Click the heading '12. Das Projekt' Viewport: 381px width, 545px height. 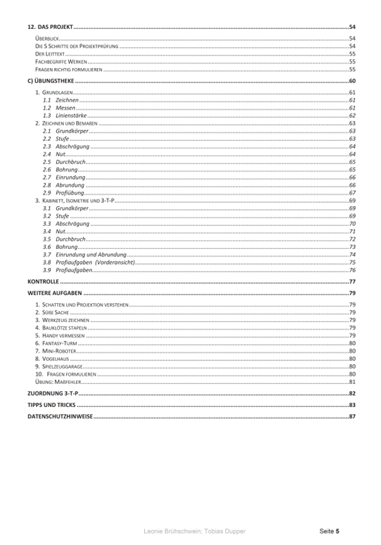point(51,28)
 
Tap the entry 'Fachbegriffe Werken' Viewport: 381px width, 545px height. point(60,62)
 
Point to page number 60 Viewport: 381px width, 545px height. point(353,81)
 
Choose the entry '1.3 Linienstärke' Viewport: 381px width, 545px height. point(64,115)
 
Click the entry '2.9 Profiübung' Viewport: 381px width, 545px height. point(62,192)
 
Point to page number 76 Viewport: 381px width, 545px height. point(353,270)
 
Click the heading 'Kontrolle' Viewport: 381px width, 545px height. point(43,281)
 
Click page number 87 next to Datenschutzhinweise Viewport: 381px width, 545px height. point(353,416)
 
